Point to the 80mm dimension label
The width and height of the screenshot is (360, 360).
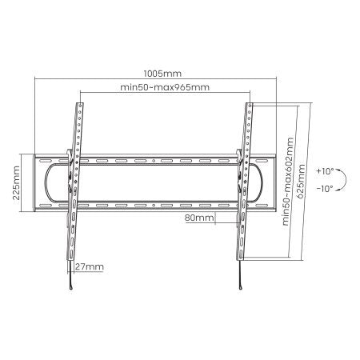click(198, 217)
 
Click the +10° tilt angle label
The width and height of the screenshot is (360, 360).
click(324, 171)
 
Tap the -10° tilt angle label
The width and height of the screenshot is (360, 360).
click(324, 190)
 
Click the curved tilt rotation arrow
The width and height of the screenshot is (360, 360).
click(342, 181)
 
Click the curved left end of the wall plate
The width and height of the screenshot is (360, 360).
click(49, 182)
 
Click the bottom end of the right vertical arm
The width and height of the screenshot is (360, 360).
click(237, 258)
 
